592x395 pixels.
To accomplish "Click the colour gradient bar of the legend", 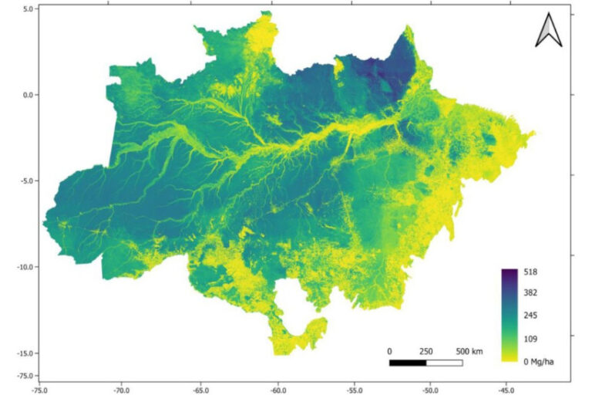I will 509,316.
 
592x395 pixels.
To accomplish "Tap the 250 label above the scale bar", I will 426,351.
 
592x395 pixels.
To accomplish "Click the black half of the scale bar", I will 408,362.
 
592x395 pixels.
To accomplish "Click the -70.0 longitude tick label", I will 121,390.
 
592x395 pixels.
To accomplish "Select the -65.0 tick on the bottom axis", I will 200,390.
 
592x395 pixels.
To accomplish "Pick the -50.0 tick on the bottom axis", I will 429,390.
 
